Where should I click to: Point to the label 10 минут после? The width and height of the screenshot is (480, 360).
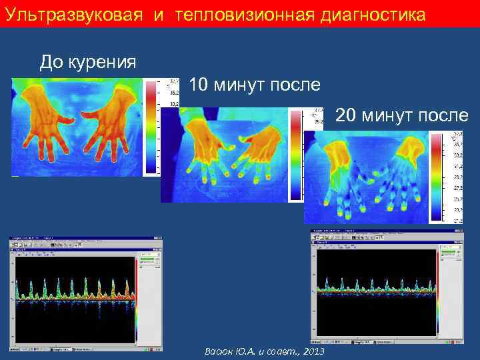(x=255, y=85)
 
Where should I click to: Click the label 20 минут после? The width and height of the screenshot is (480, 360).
(x=402, y=115)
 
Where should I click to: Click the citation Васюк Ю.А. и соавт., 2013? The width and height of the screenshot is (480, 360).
(x=265, y=351)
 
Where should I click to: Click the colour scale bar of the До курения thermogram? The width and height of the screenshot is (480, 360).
(x=151, y=127)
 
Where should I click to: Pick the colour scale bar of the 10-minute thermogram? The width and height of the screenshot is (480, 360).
(x=295, y=155)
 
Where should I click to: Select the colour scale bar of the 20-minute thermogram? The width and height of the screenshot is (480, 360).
(x=436, y=177)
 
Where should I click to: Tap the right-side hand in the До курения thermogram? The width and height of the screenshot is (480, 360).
(x=111, y=120)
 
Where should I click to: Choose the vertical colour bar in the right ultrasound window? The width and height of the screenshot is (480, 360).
(x=438, y=297)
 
